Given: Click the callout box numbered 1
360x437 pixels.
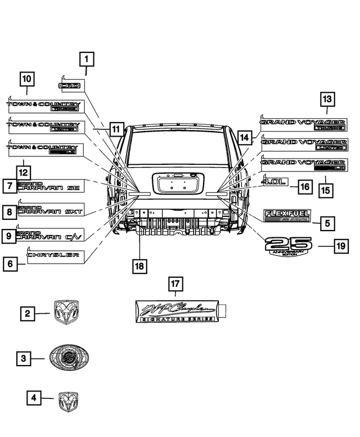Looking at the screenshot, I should [x=87, y=58].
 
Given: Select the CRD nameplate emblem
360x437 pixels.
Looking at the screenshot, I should [x=71, y=85].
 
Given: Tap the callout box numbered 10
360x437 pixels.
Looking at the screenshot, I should [x=27, y=79].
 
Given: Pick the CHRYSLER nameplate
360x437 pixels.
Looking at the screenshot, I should [x=53, y=256].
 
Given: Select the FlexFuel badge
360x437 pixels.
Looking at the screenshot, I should [x=287, y=217].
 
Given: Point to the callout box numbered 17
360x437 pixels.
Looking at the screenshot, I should [x=175, y=285].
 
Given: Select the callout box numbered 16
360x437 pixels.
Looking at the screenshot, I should [x=304, y=186].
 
